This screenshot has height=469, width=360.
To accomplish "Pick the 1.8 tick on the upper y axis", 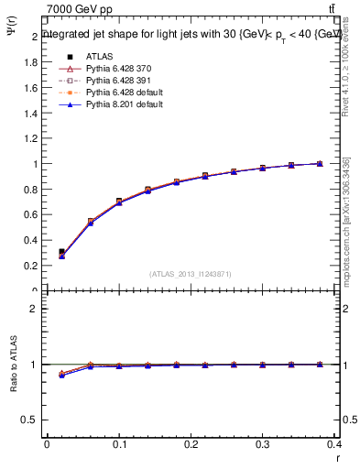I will pos(32,62).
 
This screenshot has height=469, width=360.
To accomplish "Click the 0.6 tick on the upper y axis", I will pos(32,215).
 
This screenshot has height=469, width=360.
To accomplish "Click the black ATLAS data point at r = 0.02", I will pos(61,252).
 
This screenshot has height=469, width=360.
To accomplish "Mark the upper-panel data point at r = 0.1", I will pos(119,202).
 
